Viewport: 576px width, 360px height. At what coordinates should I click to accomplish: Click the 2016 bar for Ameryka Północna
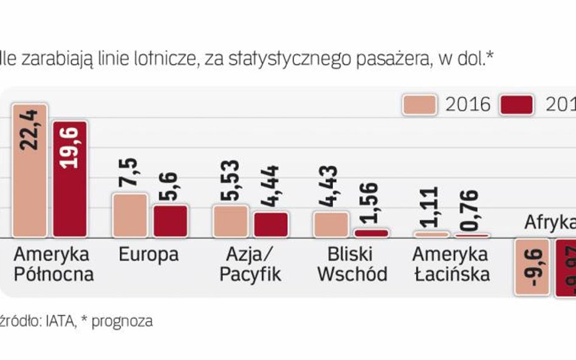(29, 170)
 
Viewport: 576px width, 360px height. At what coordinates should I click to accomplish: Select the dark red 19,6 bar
(70, 179)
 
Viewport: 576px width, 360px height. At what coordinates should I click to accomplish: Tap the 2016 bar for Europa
(130, 216)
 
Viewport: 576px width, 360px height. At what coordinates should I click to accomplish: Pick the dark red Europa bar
(170, 221)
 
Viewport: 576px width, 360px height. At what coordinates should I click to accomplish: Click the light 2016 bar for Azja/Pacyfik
(230, 221)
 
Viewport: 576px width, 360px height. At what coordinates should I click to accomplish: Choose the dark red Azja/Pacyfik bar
(271, 225)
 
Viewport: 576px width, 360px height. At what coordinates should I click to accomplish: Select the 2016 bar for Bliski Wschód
(331, 224)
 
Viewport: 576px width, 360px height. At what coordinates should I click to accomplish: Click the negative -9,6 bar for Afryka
(532, 267)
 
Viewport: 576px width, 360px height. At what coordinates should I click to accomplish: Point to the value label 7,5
(131, 173)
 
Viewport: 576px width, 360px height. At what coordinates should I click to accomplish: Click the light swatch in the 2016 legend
(419, 104)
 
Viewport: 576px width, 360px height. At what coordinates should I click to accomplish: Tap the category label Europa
(149, 254)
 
